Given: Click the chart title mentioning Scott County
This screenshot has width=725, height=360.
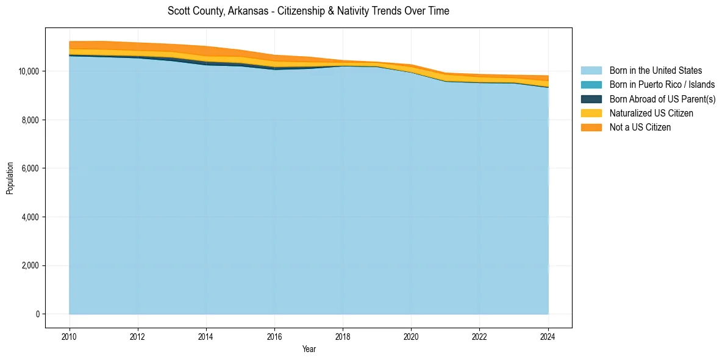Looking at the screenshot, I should (308, 11).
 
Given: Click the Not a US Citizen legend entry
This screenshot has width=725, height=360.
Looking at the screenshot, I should (640, 127).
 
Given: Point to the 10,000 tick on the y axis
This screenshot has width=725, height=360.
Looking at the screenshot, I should (29, 71).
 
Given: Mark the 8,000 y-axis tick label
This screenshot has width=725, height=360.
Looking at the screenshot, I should (31, 120).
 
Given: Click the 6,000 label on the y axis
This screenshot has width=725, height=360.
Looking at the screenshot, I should (31, 168).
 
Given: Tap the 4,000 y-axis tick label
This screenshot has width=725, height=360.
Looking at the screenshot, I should (31, 217).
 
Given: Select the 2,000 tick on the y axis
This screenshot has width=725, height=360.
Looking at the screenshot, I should (31, 265).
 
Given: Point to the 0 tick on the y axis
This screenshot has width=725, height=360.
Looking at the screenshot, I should (38, 314).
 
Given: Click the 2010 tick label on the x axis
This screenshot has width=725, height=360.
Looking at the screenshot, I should (70, 336).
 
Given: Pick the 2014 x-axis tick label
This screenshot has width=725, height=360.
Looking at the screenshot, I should (206, 336).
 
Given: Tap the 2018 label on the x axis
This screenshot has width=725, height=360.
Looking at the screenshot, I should (343, 336).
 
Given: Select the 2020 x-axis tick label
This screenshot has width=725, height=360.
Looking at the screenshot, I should (412, 336).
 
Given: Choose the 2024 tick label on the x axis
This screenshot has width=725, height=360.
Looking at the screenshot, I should (548, 336).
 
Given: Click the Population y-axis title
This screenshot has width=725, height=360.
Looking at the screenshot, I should (10, 178).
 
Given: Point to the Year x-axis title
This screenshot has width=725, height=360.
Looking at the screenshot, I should (309, 349).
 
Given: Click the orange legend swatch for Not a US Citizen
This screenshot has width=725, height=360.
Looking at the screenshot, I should (591, 127).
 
